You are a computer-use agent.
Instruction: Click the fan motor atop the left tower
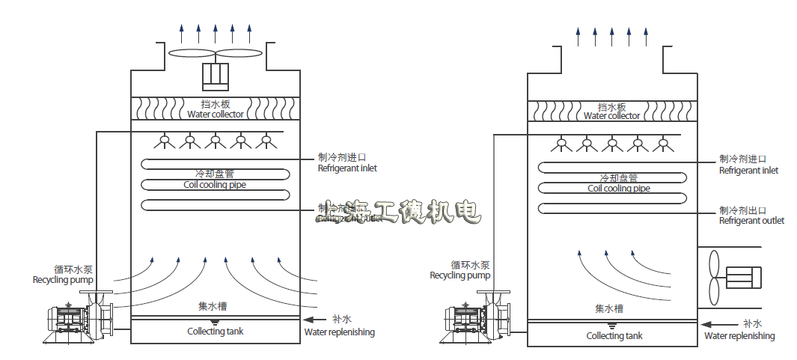pos(216,76)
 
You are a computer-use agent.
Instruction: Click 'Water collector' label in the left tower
pos(216,115)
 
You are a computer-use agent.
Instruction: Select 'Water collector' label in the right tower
pos(611,116)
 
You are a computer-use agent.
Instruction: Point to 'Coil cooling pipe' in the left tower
pos(215,185)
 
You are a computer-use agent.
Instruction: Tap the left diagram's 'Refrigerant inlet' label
pos(347,168)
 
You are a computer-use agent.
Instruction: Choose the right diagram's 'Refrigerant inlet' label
pos(748,171)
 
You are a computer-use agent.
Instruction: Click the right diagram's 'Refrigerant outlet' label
pos(751,221)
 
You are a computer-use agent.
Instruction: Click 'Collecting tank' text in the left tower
pos(215,332)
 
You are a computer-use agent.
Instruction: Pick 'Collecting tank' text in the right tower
pos(614,336)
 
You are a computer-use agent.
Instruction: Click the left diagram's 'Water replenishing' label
pos(339,332)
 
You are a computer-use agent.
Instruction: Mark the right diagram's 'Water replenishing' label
pos(739,336)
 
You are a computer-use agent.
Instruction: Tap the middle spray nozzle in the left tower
pos(216,140)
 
